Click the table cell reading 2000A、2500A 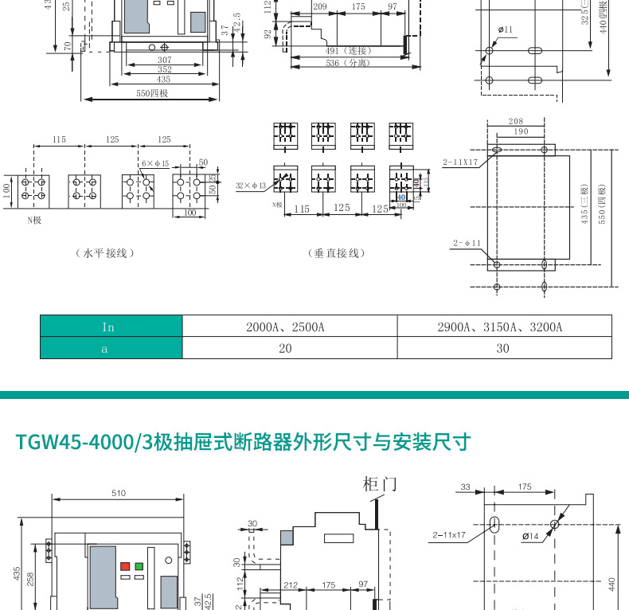290,327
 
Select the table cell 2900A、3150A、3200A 504,327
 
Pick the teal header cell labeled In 111,327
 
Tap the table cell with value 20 290,348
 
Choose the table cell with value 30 504,348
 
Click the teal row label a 111,348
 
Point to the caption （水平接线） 104,253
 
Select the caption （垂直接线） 336,253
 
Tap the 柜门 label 379,483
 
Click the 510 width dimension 118,493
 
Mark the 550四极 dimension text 151,93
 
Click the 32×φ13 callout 250,185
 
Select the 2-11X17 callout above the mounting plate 460,162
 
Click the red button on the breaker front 124,566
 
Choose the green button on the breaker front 139,566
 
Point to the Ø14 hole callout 530,536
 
